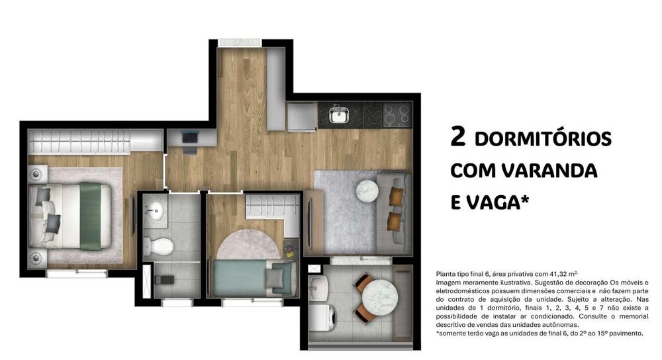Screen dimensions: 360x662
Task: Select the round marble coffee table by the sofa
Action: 367,191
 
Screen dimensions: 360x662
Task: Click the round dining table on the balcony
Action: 378,294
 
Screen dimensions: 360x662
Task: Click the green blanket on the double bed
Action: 90,216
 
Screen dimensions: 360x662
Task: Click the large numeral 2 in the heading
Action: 457,137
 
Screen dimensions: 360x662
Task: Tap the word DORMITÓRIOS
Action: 543,140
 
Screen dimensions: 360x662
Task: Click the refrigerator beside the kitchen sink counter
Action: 302,117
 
